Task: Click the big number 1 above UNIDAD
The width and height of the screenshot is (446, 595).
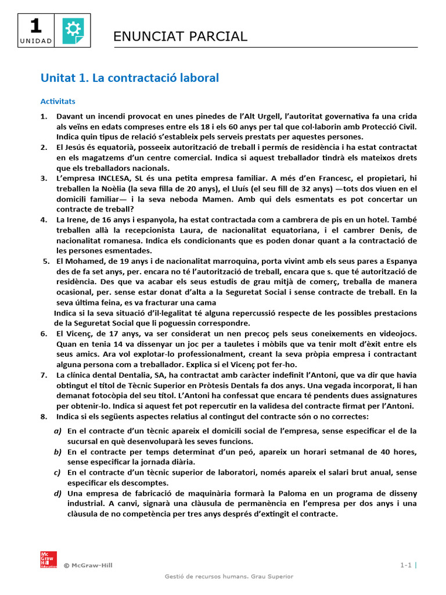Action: (35, 26)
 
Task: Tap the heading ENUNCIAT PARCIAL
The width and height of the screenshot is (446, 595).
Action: (180, 37)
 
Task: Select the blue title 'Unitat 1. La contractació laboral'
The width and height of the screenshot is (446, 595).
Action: (130, 77)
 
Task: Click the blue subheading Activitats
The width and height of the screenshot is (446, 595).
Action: (57, 101)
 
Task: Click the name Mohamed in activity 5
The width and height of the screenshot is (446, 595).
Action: (88, 261)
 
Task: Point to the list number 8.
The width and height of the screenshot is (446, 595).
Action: (44, 417)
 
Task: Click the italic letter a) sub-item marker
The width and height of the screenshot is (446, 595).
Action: (57, 431)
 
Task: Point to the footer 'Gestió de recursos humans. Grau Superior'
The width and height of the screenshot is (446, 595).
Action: (229, 576)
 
